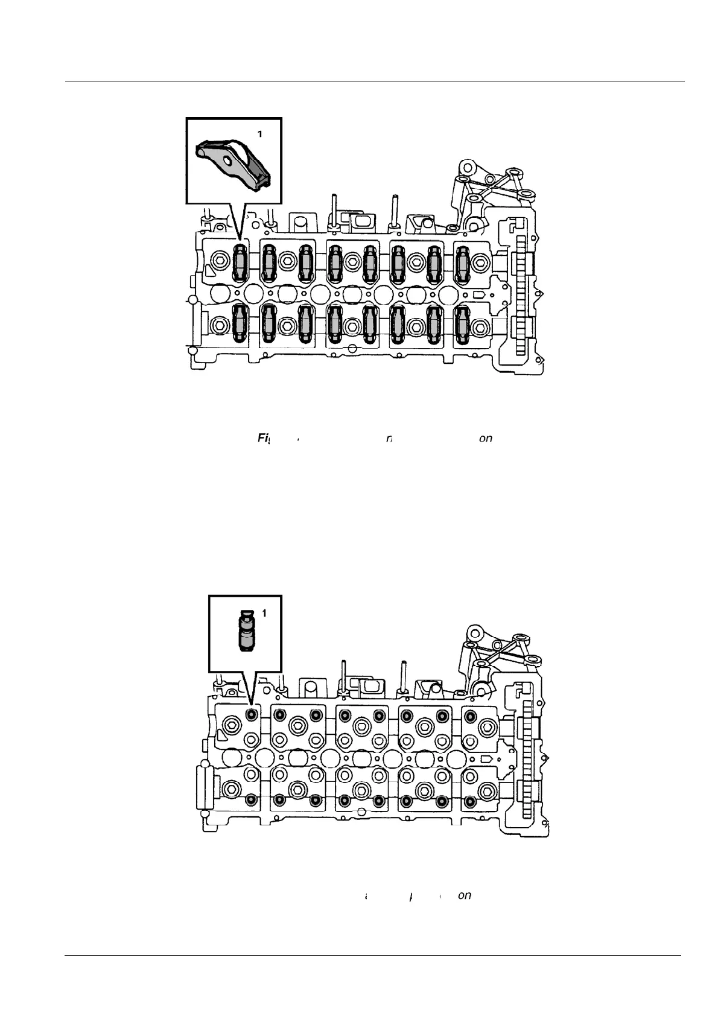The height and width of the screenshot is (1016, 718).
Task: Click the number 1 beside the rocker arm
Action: click(260, 135)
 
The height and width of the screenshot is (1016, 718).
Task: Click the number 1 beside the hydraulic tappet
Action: click(264, 613)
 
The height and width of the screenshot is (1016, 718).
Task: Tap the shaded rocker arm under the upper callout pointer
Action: click(241, 264)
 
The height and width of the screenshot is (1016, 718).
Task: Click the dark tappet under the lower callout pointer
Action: click(252, 714)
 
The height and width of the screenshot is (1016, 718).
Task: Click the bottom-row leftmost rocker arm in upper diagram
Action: click(241, 323)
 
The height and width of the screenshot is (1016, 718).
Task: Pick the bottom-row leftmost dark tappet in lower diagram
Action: click(252, 800)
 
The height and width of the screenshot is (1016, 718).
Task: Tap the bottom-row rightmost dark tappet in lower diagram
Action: click(471, 801)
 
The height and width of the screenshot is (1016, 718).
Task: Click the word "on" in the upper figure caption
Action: click(485, 439)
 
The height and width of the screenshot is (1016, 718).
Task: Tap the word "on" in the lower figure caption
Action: click(464, 895)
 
